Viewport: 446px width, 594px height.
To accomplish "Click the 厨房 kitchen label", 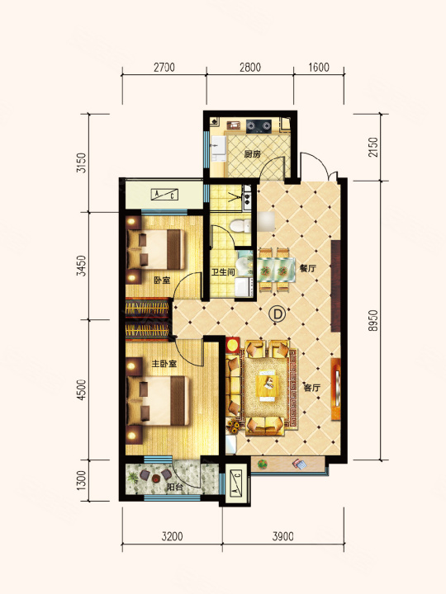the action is pyautogui.click(x=253, y=154).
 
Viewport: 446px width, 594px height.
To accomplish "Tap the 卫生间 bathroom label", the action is pyautogui.click(x=223, y=272).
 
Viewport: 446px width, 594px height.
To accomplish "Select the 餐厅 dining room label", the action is pyautogui.click(x=308, y=269).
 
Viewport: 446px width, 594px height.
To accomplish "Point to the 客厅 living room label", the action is pyautogui.click(x=311, y=388).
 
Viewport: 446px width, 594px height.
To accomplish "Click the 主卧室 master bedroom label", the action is pyautogui.click(x=164, y=364).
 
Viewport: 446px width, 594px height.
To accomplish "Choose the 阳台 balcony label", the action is pyautogui.click(x=174, y=488).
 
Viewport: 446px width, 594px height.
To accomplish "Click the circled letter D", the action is pyautogui.click(x=277, y=314).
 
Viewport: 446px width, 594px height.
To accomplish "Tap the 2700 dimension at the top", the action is pyautogui.click(x=164, y=68).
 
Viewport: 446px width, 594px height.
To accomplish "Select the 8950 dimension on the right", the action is pyautogui.click(x=373, y=321).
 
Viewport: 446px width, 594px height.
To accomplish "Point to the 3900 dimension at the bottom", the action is pyautogui.click(x=283, y=536).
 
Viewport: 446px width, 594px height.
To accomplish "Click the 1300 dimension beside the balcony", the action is pyautogui.click(x=81, y=480).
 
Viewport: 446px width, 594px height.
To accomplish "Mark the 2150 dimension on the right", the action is pyautogui.click(x=373, y=148).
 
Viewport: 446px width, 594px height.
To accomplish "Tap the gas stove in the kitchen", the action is pyautogui.click(x=259, y=125).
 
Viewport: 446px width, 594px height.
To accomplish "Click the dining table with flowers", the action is pyautogui.click(x=277, y=270).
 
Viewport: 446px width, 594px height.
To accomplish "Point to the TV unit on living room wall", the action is pyautogui.click(x=336, y=389).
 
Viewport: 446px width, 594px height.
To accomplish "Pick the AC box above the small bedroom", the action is pyautogui.click(x=164, y=195).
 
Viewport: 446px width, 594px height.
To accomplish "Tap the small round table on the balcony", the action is pyautogui.click(x=156, y=478).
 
